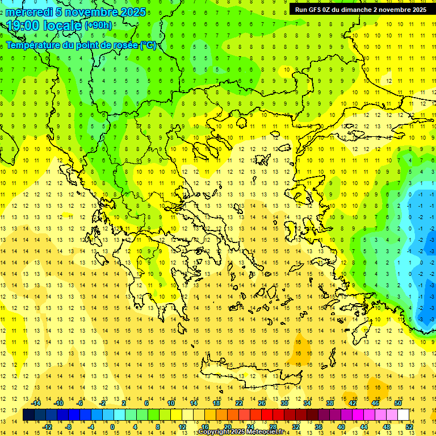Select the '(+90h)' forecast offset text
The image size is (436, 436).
coord(98,26)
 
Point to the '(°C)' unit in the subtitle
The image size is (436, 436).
coord(148,45)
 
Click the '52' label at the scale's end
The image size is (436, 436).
coord(410,427)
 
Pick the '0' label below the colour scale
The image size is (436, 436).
coord(112,427)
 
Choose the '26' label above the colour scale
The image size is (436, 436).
coord(262,404)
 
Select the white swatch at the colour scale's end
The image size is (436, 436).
coord(404,415)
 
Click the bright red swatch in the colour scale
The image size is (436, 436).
coord(267,415)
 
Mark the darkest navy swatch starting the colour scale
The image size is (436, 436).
coord(29,415)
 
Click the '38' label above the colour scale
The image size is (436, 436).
coord(330,404)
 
